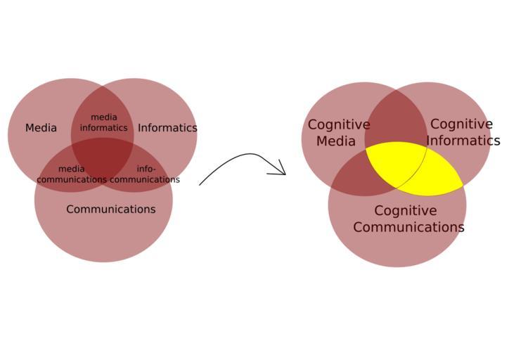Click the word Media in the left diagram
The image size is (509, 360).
click(41, 128)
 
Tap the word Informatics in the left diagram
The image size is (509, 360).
click(167, 128)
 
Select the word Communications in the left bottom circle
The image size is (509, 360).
click(110, 209)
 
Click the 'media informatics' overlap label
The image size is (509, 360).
click(103, 122)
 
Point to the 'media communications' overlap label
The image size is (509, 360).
click(72, 174)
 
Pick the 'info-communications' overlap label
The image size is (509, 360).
click(146, 174)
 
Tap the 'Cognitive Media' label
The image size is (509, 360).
click(338, 132)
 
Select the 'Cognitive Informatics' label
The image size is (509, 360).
click(462, 132)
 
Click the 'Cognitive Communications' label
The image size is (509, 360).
click(408, 219)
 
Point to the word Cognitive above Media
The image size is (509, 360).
click(338, 124)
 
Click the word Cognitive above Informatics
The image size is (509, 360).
click(461, 124)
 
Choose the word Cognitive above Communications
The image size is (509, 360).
click(405, 210)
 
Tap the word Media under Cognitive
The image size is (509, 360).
click(336, 141)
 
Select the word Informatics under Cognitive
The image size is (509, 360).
click(463, 141)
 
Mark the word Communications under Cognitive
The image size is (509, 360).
click(408, 227)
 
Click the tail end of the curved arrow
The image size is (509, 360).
click(201, 184)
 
